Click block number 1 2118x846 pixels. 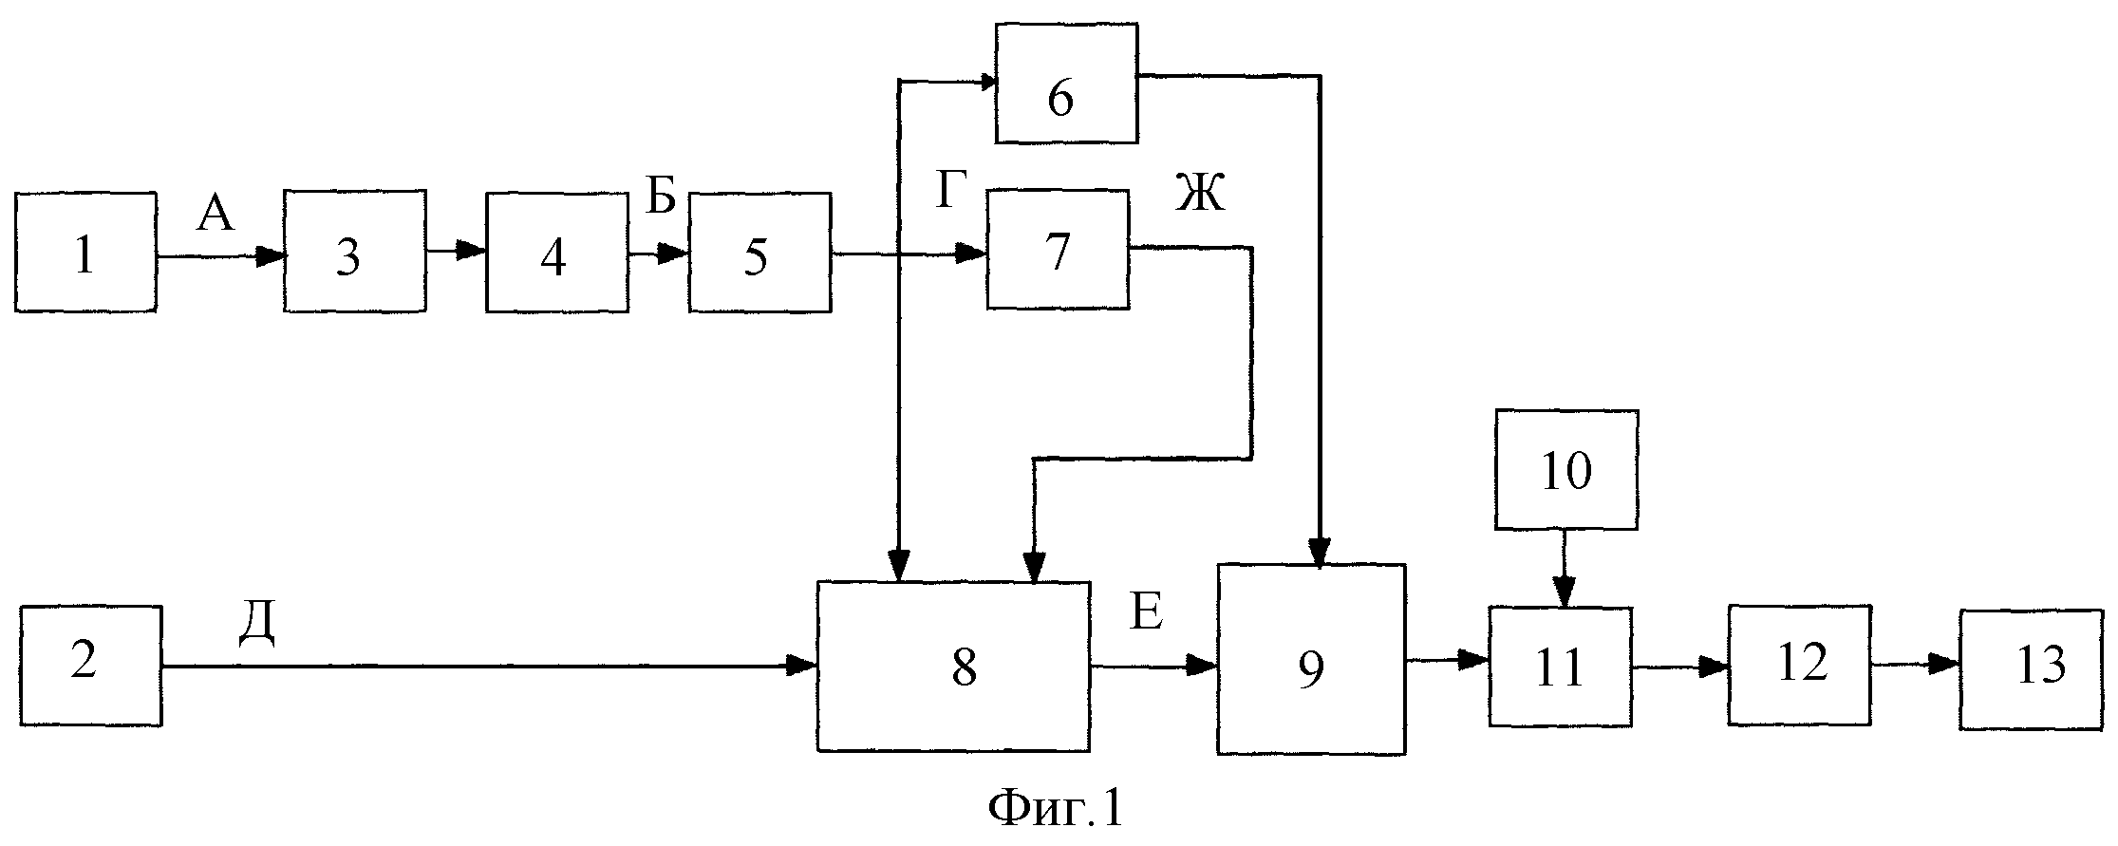click(85, 252)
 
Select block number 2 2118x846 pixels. click(90, 666)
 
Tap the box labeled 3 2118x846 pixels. click(354, 251)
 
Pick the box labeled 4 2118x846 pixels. click(557, 251)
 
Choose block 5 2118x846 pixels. click(759, 251)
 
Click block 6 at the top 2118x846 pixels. click(1066, 84)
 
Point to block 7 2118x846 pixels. click(1058, 249)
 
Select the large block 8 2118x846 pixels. click(954, 667)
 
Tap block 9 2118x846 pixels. click(1311, 659)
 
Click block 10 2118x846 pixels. click(1566, 469)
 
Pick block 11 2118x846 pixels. click(1560, 667)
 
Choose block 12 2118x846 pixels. click(1800, 665)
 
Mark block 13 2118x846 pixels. click(2032, 668)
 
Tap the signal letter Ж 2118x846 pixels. click(1201, 195)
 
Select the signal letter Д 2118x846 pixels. click(256, 625)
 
